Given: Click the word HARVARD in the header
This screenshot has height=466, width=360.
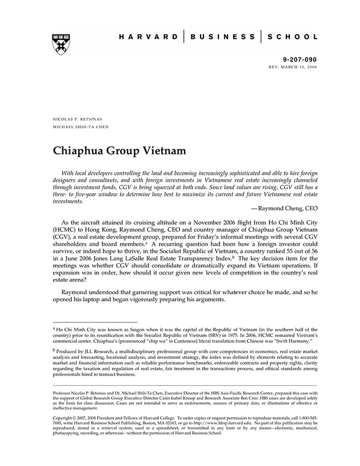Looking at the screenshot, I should (x=148, y=37).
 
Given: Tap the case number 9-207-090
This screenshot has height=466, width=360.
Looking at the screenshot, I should (x=300, y=60).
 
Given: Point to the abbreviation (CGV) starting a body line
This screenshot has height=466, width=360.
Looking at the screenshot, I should (x=64, y=239).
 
